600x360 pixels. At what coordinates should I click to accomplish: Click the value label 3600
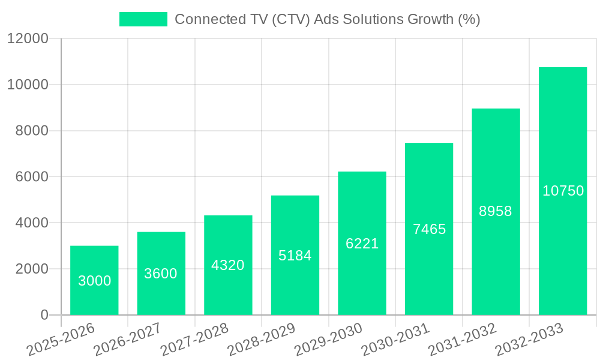click(161, 274)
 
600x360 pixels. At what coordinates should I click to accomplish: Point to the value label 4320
click(228, 265)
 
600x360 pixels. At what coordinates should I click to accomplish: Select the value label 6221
click(362, 244)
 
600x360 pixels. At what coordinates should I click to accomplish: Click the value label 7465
click(429, 229)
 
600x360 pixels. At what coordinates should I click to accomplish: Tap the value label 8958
click(496, 211)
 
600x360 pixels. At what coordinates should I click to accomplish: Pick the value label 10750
click(563, 191)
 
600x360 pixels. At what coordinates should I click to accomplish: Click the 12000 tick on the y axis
click(28, 39)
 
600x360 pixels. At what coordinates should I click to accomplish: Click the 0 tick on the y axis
click(44, 315)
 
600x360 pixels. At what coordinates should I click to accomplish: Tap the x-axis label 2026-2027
click(128, 340)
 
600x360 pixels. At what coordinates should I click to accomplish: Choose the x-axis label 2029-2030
click(328, 340)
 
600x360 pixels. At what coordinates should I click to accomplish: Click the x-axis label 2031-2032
click(463, 340)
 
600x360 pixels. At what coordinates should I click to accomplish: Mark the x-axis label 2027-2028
click(195, 340)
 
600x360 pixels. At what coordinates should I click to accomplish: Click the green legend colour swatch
click(143, 19)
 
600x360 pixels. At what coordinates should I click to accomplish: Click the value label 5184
click(295, 256)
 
